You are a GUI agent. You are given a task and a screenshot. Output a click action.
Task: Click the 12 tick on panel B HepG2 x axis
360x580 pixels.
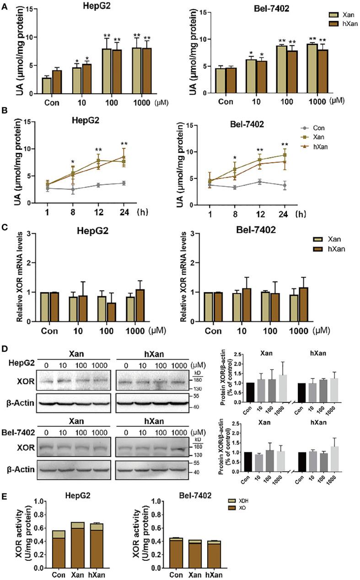98,212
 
